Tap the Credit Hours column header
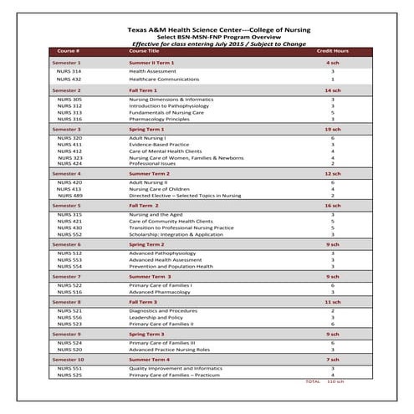coord(331,51)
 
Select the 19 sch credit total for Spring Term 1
coord(332,130)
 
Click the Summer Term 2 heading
coord(150,172)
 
